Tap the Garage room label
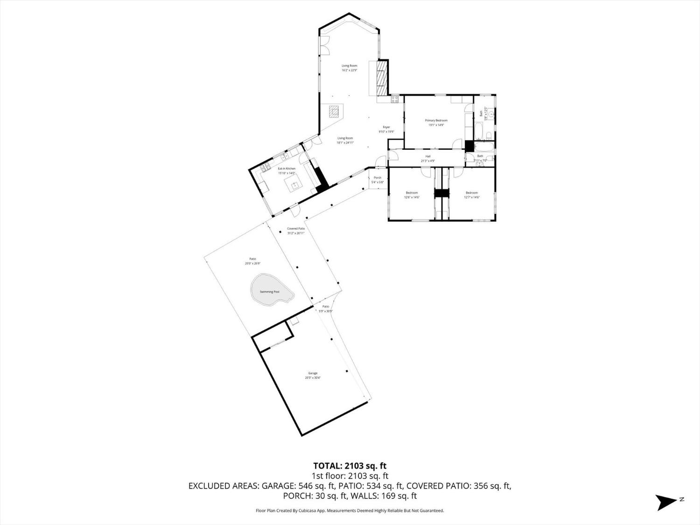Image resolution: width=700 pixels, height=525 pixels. (x=313, y=373)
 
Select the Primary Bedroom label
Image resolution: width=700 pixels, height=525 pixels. (x=436, y=120)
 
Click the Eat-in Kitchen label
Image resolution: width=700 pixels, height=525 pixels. (x=287, y=168)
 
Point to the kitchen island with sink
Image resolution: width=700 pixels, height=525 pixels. (x=294, y=185)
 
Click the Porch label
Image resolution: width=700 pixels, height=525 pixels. (x=378, y=177)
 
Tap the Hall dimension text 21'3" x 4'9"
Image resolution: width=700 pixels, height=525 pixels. (x=427, y=161)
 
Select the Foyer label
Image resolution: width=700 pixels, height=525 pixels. (x=386, y=127)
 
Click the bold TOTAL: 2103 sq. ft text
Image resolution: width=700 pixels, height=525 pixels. (x=350, y=465)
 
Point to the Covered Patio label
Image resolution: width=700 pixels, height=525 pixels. (x=295, y=229)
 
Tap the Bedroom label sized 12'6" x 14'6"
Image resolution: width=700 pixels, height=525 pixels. (x=412, y=193)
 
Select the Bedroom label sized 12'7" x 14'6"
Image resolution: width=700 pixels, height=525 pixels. (x=471, y=193)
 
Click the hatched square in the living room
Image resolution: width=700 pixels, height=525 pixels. (x=333, y=111)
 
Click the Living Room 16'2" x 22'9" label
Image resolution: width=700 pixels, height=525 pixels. (x=349, y=66)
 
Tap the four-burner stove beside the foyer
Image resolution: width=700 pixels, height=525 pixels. (x=395, y=98)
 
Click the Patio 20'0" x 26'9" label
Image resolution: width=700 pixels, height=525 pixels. (x=252, y=259)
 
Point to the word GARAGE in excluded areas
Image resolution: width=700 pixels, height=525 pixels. (x=278, y=486)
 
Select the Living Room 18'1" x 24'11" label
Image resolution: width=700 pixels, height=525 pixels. (x=345, y=138)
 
